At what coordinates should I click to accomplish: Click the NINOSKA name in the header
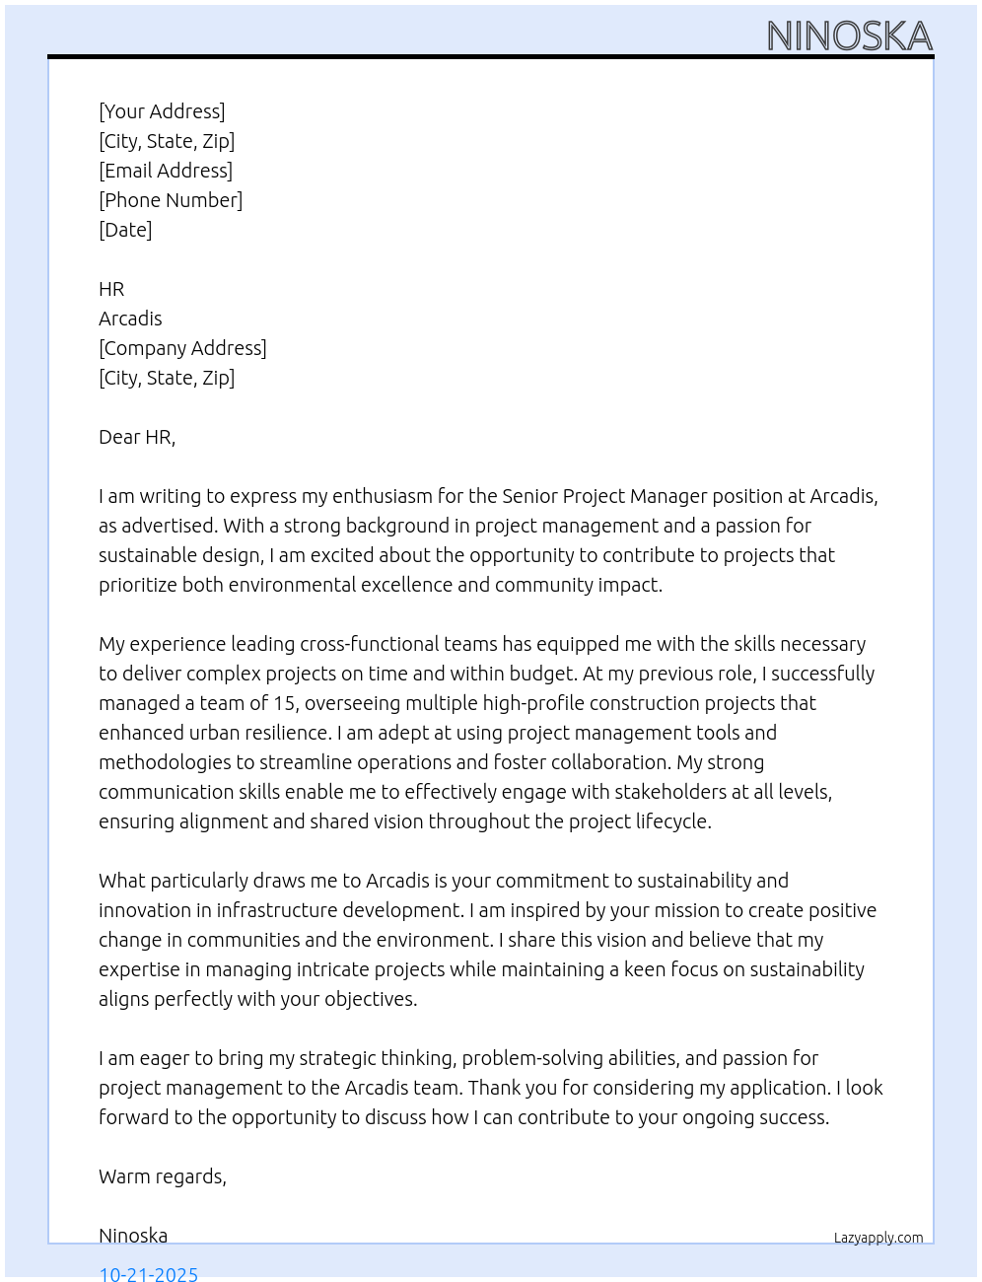coord(849,36)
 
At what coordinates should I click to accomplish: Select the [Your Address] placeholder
coord(162,111)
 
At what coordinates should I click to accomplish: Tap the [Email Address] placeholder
coord(166,171)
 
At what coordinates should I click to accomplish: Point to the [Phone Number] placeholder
coord(171,200)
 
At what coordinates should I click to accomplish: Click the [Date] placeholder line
coord(125,230)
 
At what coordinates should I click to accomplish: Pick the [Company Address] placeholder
coord(182,348)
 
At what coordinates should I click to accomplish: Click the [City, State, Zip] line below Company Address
coord(167,378)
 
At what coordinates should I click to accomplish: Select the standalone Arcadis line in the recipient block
coord(130,319)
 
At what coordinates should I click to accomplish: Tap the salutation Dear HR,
coord(137,437)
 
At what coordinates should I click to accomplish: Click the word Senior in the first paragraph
coord(529,496)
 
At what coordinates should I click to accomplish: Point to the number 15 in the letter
coord(285,703)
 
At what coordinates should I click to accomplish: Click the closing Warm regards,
coord(163,1176)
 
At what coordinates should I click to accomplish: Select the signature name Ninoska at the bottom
coord(133,1236)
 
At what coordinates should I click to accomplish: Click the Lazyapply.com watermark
coord(878,1238)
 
